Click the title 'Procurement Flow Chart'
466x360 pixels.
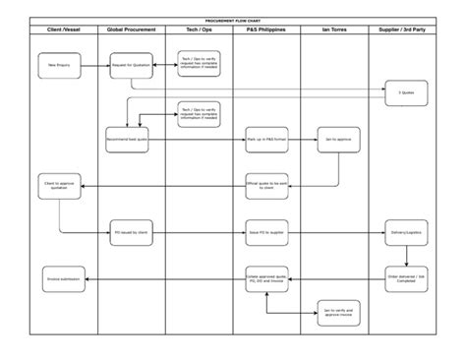tap(233, 19)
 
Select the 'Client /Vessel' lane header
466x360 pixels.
tap(64, 30)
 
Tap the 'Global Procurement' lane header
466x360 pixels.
tap(131, 30)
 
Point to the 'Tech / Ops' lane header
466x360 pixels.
tap(199, 30)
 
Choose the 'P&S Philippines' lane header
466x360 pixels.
tap(265, 30)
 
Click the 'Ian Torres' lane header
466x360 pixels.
tap(333, 30)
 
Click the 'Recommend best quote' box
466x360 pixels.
tap(127, 140)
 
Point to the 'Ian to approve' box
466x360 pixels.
tap(337, 140)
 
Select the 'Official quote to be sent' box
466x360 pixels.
tap(264, 183)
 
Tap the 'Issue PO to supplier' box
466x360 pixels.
tap(265, 234)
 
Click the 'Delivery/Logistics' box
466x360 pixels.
tap(404, 234)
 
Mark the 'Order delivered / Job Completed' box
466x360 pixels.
tap(404, 278)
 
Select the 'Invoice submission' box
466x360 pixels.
tap(62, 278)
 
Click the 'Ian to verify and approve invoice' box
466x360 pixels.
tap(337, 312)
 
